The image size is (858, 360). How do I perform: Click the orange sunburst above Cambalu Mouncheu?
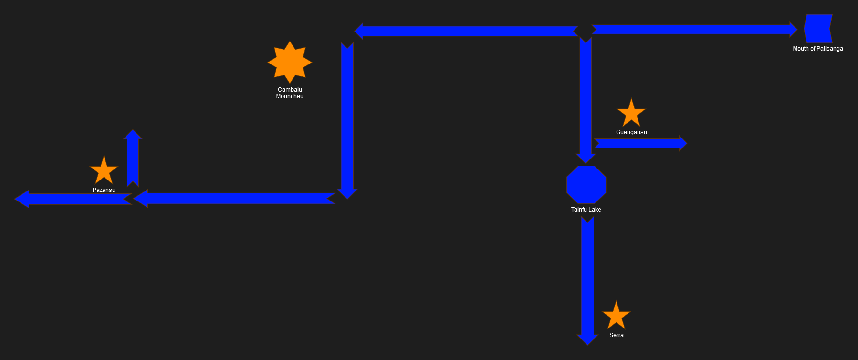[x=290, y=62]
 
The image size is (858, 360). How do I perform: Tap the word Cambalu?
[x=290, y=90]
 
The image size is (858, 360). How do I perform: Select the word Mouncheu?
[x=290, y=96]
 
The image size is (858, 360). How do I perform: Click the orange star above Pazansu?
[x=104, y=171]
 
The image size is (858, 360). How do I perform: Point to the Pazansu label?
[x=104, y=190]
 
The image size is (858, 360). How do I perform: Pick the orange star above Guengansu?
[x=631, y=114]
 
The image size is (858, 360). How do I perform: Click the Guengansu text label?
[x=631, y=132]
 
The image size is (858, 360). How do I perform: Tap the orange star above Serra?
[x=616, y=316]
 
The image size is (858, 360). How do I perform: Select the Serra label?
[x=616, y=335]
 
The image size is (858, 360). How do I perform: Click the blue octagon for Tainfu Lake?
[x=586, y=185]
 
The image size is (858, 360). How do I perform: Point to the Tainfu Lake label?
[x=586, y=210]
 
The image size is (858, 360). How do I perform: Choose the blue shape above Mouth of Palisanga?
[x=818, y=29]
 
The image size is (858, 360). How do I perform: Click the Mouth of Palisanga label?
[x=817, y=49]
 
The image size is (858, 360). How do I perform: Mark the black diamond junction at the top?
[x=585, y=31]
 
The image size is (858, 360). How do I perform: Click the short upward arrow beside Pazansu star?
[x=133, y=158]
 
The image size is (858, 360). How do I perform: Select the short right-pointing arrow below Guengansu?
[x=640, y=143]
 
